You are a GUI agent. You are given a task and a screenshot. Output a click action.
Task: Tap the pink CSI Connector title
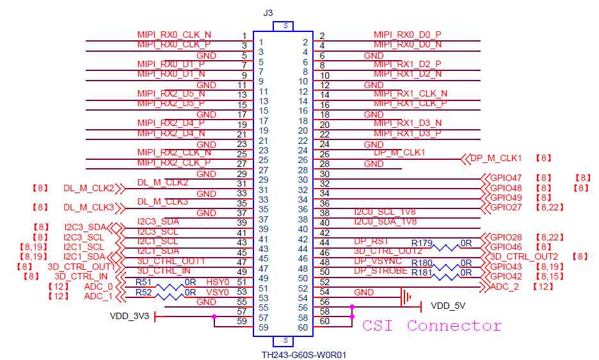[432, 326]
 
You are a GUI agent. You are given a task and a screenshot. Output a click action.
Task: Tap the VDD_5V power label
[449, 306]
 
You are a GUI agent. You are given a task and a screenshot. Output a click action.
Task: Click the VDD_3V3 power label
[129, 315]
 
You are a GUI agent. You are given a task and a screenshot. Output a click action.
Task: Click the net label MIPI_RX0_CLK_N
[174, 35]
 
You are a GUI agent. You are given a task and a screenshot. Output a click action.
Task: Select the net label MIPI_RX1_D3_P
[408, 133]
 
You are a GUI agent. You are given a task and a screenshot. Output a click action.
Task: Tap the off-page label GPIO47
[506, 178]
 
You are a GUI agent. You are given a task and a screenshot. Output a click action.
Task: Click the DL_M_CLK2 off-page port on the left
[88, 188]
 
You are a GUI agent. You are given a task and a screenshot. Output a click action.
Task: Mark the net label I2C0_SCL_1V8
[385, 212]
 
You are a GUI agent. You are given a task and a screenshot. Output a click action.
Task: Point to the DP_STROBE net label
[381, 270]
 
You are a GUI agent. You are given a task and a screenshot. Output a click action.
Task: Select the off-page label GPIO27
[506, 207]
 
